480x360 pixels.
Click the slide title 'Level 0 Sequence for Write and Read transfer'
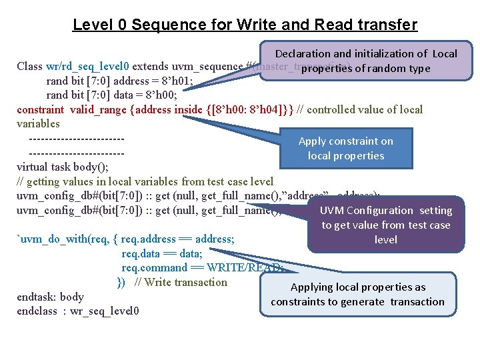pyautogui.click(x=245, y=25)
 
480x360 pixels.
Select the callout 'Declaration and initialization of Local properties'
pyautogui.click(x=366, y=61)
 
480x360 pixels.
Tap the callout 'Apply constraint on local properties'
pyautogui.click(x=345, y=148)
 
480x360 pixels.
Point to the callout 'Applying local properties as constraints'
pyautogui.click(x=357, y=294)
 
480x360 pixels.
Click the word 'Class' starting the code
pyautogui.click(x=30, y=67)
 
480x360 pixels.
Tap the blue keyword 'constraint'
pyautogui.click(x=40, y=109)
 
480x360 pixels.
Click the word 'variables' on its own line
pyautogui.click(x=38, y=124)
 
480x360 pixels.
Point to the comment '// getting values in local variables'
pyautogui.click(x=107, y=181)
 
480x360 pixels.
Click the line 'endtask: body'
pyautogui.click(x=50, y=297)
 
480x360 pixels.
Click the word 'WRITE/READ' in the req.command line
pyautogui.click(x=243, y=268)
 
